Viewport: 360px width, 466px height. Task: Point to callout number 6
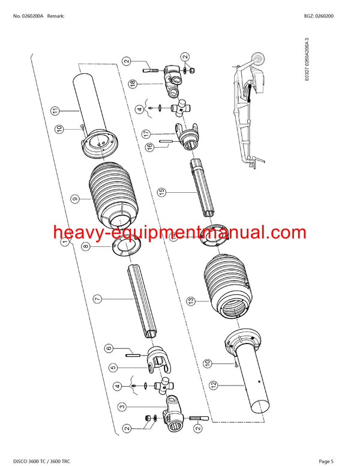tap(109, 348)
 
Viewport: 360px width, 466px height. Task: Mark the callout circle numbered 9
tap(74, 198)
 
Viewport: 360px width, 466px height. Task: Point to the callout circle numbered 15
tap(161, 192)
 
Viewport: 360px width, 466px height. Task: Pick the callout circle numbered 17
tap(146, 133)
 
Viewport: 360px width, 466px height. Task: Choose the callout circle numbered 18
tap(133, 85)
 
